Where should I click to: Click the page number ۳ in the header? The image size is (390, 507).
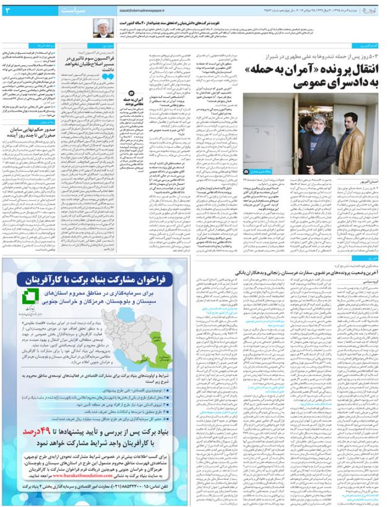click(x=8, y=10)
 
